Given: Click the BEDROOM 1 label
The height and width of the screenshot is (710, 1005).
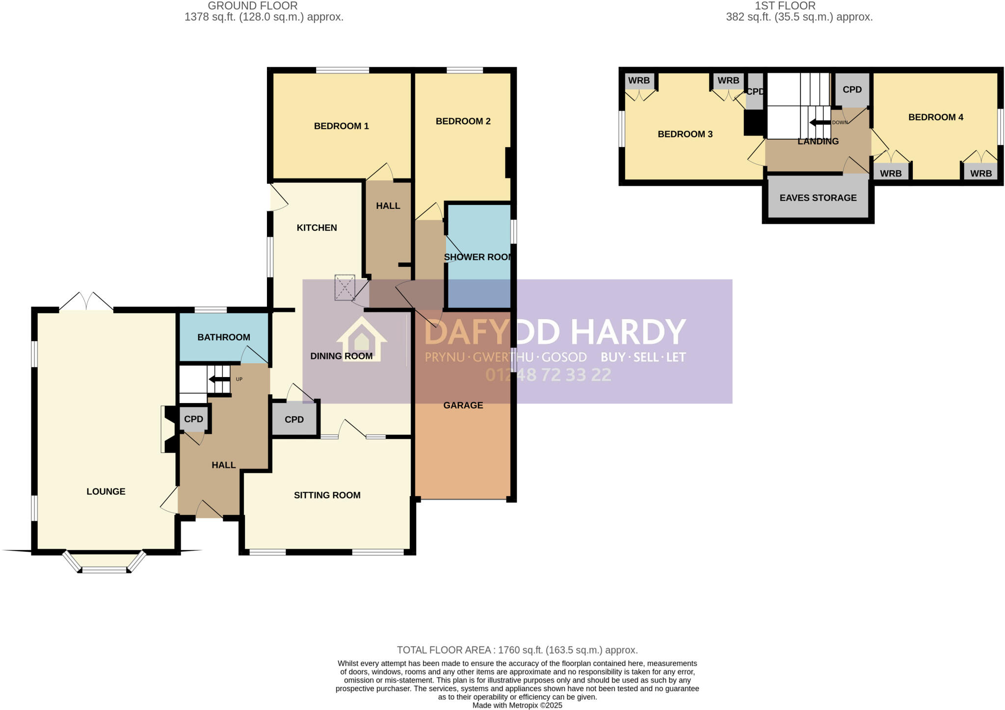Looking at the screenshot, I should [341, 126].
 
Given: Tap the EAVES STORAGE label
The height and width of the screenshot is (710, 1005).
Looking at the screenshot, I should [818, 198].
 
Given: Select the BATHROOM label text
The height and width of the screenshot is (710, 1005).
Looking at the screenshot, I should [224, 337].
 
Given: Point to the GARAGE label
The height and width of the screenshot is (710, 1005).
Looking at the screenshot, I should [463, 405].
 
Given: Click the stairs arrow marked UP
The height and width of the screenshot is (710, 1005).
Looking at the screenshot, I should [219, 379].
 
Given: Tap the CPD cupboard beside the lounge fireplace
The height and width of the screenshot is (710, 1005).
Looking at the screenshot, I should [193, 419].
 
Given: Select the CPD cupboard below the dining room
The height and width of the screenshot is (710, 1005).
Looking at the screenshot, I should [294, 420].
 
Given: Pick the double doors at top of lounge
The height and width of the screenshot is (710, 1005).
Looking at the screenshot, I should [86, 302].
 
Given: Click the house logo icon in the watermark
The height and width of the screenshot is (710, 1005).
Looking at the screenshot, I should [362, 339].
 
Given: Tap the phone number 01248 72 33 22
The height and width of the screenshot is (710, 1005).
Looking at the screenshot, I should [548, 375].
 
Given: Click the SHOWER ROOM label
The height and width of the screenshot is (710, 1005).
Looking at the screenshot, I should [477, 257].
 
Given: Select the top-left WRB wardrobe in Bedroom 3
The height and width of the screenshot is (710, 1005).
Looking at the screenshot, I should [639, 80].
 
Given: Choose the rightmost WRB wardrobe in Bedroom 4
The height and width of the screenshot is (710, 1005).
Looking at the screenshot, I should [980, 173].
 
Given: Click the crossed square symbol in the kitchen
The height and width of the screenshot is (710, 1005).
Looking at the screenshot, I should [344, 288].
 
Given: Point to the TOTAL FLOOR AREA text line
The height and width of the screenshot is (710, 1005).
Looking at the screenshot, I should [517, 650].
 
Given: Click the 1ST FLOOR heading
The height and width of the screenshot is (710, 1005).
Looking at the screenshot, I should [785, 6].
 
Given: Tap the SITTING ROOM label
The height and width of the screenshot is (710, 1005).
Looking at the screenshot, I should [327, 495].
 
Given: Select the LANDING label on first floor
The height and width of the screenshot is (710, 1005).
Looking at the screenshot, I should [818, 141].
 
